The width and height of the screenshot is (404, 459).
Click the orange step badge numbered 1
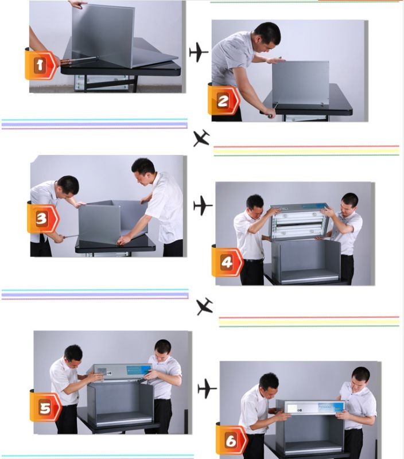pyautogui.click(x=40, y=64)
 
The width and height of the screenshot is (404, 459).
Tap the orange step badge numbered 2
pyautogui.click(x=223, y=100)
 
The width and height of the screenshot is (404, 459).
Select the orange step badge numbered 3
pyautogui.click(x=42, y=218)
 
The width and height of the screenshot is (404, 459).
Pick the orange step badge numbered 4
pyautogui.click(x=227, y=262)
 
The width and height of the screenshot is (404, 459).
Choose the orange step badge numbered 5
pyautogui.click(x=45, y=406)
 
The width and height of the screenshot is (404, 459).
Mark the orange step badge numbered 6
pyautogui.click(x=231, y=440)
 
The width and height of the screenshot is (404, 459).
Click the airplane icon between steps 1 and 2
pyautogui.click(x=199, y=52)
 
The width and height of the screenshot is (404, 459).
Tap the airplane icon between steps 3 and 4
pyautogui.click(x=203, y=205)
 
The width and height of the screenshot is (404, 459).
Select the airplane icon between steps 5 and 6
pyautogui.click(x=207, y=388)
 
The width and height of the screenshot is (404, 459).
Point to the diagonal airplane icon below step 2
pyautogui.click(x=201, y=138)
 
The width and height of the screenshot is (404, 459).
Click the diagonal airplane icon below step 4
pyautogui.click(x=205, y=306)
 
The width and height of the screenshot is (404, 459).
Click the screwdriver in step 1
pyautogui.click(x=79, y=60)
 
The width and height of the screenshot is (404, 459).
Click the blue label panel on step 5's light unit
pyautogui.click(x=139, y=370)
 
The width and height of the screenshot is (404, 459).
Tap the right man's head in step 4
pyautogui.click(x=349, y=204)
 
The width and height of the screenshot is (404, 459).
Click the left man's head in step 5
pyautogui.click(x=73, y=356)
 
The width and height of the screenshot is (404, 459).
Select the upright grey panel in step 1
pyautogui.click(x=103, y=34)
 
